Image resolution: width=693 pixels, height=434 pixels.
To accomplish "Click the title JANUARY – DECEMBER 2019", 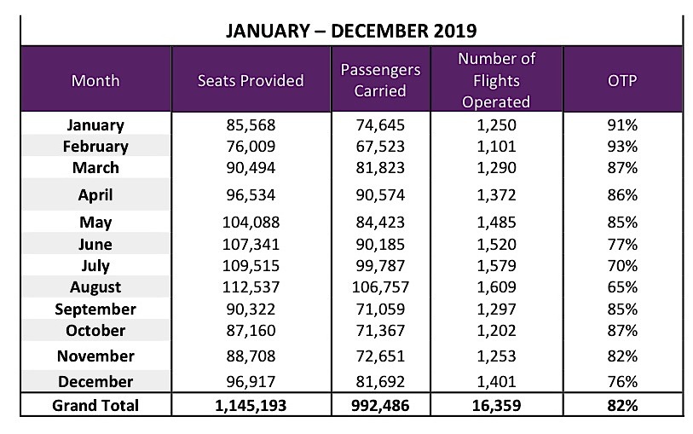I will coord(350,31).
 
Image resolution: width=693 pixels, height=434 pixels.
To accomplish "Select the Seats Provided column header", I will coord(250,81).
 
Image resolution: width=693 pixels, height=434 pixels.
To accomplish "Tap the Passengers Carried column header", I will coord(380,81).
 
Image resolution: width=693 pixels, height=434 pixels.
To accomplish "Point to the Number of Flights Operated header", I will coord(495,81).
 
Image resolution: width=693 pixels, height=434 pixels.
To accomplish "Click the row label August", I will coord(95,287).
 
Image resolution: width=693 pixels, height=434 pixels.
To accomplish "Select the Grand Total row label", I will coord(95,405).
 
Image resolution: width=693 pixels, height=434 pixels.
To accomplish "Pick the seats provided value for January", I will coord(250,124).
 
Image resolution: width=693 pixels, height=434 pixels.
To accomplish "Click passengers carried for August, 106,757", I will coord(380,287).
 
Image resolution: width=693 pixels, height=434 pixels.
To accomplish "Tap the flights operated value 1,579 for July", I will coord(495,266).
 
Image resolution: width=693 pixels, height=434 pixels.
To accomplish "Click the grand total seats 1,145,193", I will coord(250,405).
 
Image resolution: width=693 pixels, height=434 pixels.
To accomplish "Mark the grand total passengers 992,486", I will coord(380,405).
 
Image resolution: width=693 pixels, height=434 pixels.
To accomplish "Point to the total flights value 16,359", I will coord(495,405).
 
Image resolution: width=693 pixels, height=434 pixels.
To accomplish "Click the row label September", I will coord(95,309).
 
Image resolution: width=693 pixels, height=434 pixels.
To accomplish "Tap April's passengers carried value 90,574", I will coord(380,195).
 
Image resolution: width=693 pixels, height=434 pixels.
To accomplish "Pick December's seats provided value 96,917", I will coord(250,381).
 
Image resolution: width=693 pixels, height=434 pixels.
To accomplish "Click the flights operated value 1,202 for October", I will coord(495,330).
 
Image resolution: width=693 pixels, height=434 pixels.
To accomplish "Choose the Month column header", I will coord(95,81).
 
